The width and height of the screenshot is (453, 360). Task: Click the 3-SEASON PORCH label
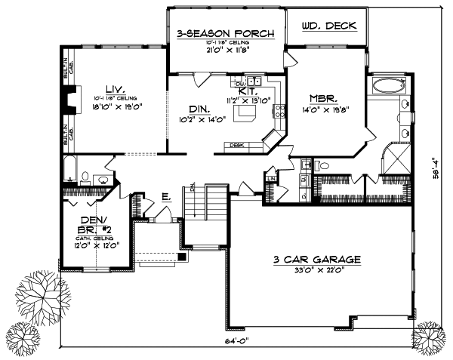[226, 34]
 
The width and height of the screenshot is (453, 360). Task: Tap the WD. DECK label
[326, 26]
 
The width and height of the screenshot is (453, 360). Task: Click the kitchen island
[246, 113]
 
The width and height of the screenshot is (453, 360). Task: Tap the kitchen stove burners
[280, 112]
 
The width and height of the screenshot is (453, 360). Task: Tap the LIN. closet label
[271, 178]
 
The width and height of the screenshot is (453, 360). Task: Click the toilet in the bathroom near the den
[85, 178]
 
